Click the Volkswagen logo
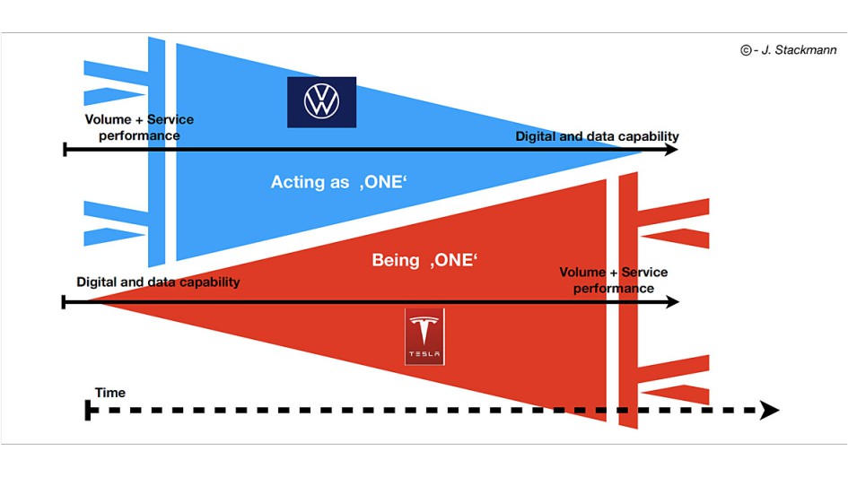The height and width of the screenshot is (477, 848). click(x=321, y=101)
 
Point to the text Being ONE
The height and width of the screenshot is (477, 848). click(x=424, y=260)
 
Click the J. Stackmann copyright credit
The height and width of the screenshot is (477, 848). click(x=789, y=50)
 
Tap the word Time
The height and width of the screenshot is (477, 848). click(x=110, y=393)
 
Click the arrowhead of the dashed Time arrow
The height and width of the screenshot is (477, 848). click(x=769, y=411)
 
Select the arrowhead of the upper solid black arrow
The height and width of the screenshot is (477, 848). click(x=670, y=150)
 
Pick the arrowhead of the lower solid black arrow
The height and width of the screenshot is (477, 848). click(x=670, y=302)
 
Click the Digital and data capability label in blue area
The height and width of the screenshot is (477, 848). click(x=597, y=136)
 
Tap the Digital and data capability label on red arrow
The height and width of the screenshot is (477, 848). click(x=158, y=282)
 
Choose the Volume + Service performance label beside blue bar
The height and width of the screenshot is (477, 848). click(x=139, y=127)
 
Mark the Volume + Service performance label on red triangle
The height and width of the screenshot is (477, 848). click(x=614, y=280)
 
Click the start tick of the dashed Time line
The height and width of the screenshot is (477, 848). click(x=88, y=411)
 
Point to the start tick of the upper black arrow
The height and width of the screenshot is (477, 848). click(x=66, y=150)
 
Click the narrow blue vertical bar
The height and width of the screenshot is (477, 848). click(x=158, y=152)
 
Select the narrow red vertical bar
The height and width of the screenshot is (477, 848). click(x=628, y=296)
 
